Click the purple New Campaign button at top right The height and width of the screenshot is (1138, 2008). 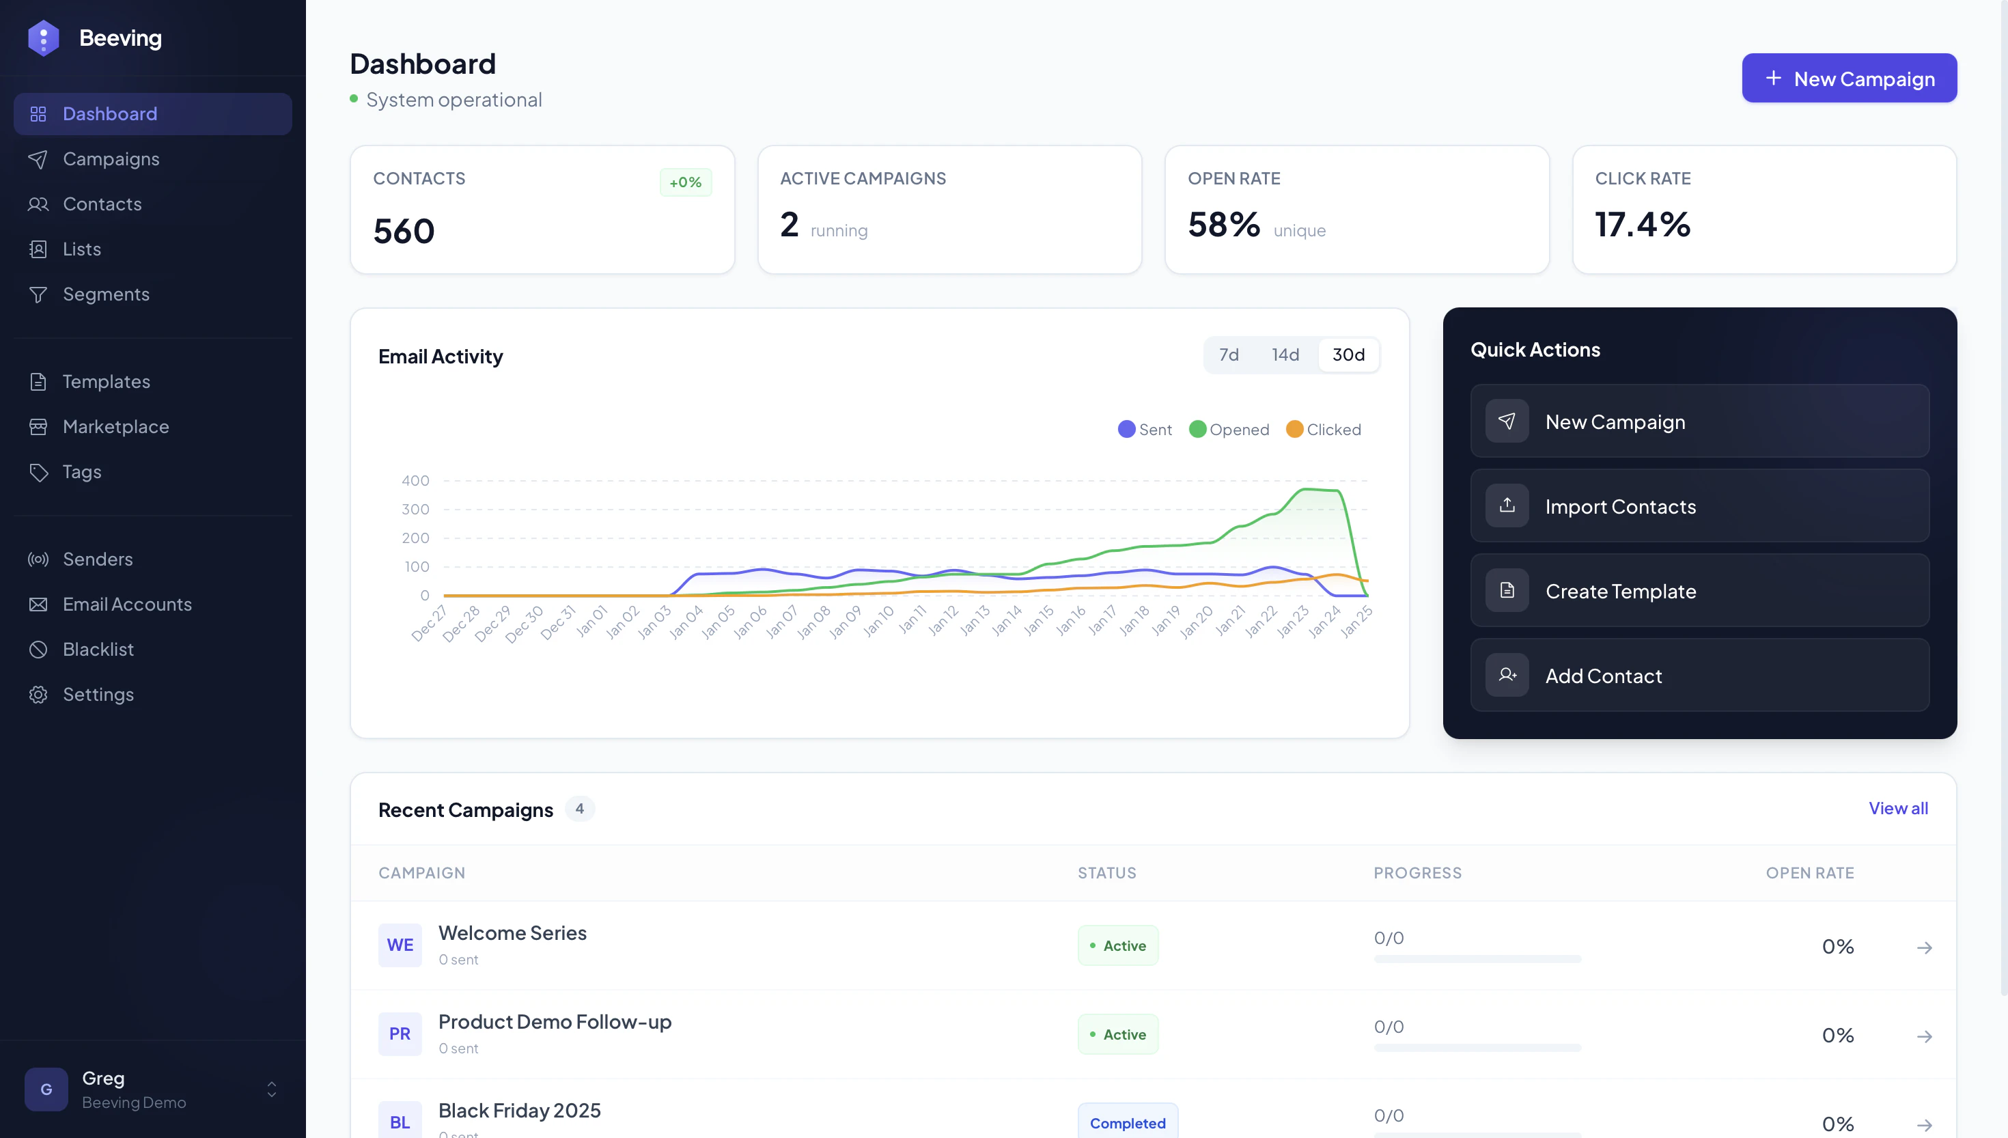[x=1849, y=78]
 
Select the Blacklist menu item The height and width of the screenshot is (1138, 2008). [x=98, y=650]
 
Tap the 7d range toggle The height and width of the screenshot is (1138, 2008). [x=1228, y=355]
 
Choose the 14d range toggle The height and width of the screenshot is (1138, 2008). [x=1285, y=355]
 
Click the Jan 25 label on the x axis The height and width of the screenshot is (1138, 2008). [x=1357, y=622]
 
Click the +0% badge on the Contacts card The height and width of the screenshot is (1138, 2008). [x=685, y=183]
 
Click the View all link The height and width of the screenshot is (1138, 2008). [x=1897, y=809]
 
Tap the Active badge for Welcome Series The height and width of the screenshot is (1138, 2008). [x=1117, y=946]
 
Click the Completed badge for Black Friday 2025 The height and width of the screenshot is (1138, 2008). [x=1127, y=1123]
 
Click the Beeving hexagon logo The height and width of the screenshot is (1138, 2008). [x=43, y=38]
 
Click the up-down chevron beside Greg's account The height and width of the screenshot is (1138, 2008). [x=271, y=1090]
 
